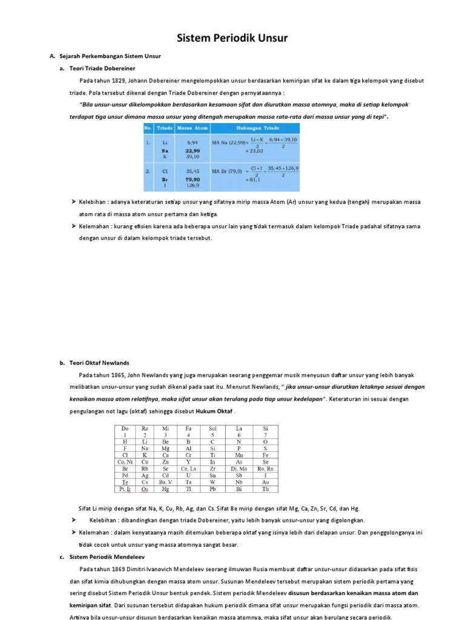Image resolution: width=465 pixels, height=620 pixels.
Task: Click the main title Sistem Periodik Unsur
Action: click(x=232, y=39)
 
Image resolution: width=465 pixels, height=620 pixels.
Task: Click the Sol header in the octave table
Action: click(x=213, y=429)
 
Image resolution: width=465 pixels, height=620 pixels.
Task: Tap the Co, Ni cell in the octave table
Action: click(x=125, y=461)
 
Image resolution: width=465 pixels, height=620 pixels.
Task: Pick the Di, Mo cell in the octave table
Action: click(x=239, y=469)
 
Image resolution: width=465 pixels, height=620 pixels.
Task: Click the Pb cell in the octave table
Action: click(x=212, y=489)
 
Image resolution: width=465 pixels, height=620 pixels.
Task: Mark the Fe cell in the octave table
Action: click(x=266, y=455)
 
